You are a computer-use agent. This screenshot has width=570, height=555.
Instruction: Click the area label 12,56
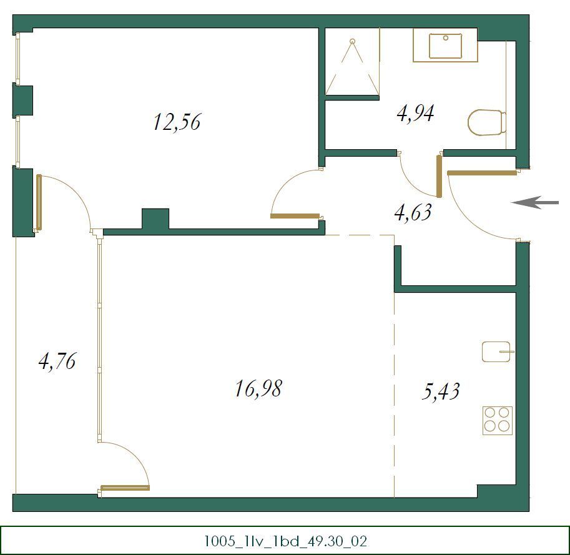pyautogui.click(x=176, y=122)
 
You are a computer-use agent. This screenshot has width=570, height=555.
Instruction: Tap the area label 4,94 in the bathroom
pyautogui.click(x=415, y=114)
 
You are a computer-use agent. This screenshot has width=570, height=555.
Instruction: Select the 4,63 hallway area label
pyautogui.click(x=412, y=213)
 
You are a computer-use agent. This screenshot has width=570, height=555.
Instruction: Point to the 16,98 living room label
pyautogui.click(x=258, y=389)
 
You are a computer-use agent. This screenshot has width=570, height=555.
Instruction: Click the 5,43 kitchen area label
pyautogui.click(x=441, y=391)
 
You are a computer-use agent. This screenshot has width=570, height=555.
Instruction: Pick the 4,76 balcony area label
pyautogui.click(x=57, y=361)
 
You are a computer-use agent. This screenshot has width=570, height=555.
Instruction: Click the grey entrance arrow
pyautogui.click(x=535, y=202)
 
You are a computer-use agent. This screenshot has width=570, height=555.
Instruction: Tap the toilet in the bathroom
pyautogui.click(x=486, y=122)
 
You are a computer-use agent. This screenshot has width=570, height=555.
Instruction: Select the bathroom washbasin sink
pyautogui.click(x=445, y=46)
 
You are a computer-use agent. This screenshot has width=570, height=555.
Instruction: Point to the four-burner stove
pyautogui.click(x=498, y=420)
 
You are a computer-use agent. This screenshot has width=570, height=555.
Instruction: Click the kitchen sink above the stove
pyautogui.click(x=497, y=351)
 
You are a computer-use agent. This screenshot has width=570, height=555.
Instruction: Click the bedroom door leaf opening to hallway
pyautogui.click(x=295, y=217)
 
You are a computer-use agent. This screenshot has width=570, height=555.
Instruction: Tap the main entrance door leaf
pyautogui.click(x=482, y=173)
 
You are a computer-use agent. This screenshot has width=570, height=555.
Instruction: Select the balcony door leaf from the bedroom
pyautogui.click(x=39, y=203)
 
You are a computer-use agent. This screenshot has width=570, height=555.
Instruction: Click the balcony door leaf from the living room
pyautogui.click(x=125, y=488)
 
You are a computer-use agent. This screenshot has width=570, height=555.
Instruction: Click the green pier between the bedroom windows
pyautogui.click(x=22, y=100)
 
